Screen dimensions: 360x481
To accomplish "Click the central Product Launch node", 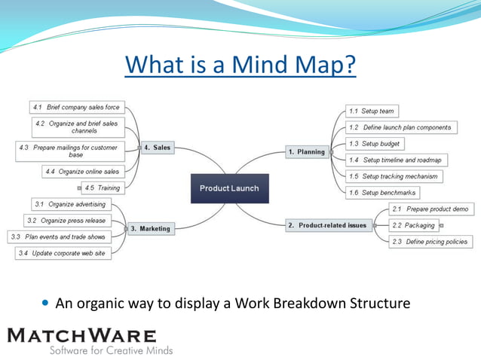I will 228,188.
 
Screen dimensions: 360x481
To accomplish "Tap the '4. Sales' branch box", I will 157,148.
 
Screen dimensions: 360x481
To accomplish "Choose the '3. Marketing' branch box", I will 150,228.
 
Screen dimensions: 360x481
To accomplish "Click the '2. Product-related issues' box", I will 327,225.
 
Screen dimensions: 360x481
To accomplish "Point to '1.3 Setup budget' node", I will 375,144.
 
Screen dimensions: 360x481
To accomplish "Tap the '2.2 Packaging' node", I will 414,225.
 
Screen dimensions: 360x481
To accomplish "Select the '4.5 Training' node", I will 102,188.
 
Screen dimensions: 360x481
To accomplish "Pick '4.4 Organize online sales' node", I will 82,172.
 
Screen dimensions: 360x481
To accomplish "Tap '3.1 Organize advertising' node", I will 70,204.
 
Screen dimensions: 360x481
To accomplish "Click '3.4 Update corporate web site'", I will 64,253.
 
